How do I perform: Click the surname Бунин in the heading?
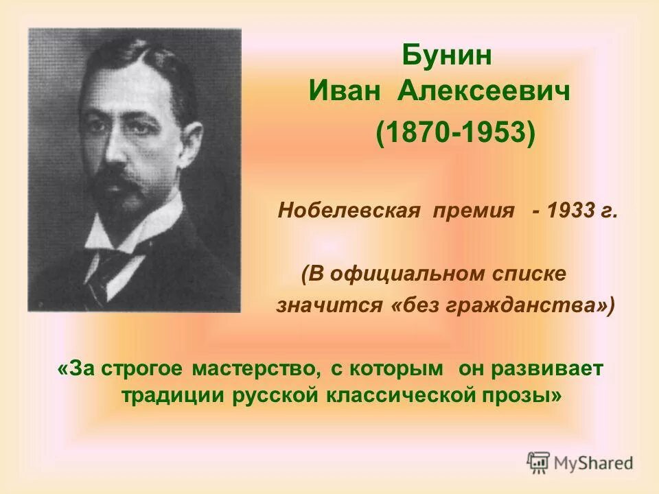447,56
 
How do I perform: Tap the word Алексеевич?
484,91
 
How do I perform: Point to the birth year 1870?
418,133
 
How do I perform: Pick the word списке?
533,273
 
